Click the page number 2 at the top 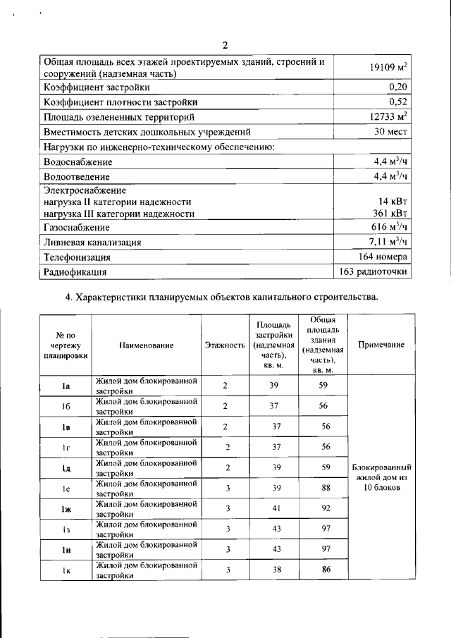(225, 46)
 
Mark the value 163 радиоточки (373, 271)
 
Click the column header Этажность (225, 345)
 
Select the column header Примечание (381, 345)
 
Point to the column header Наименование (146, 345)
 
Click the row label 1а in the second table (66, 386)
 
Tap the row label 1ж (66, 508)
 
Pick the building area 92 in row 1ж (324, 508)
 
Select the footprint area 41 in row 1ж (275, 508)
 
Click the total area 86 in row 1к (324, 570)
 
